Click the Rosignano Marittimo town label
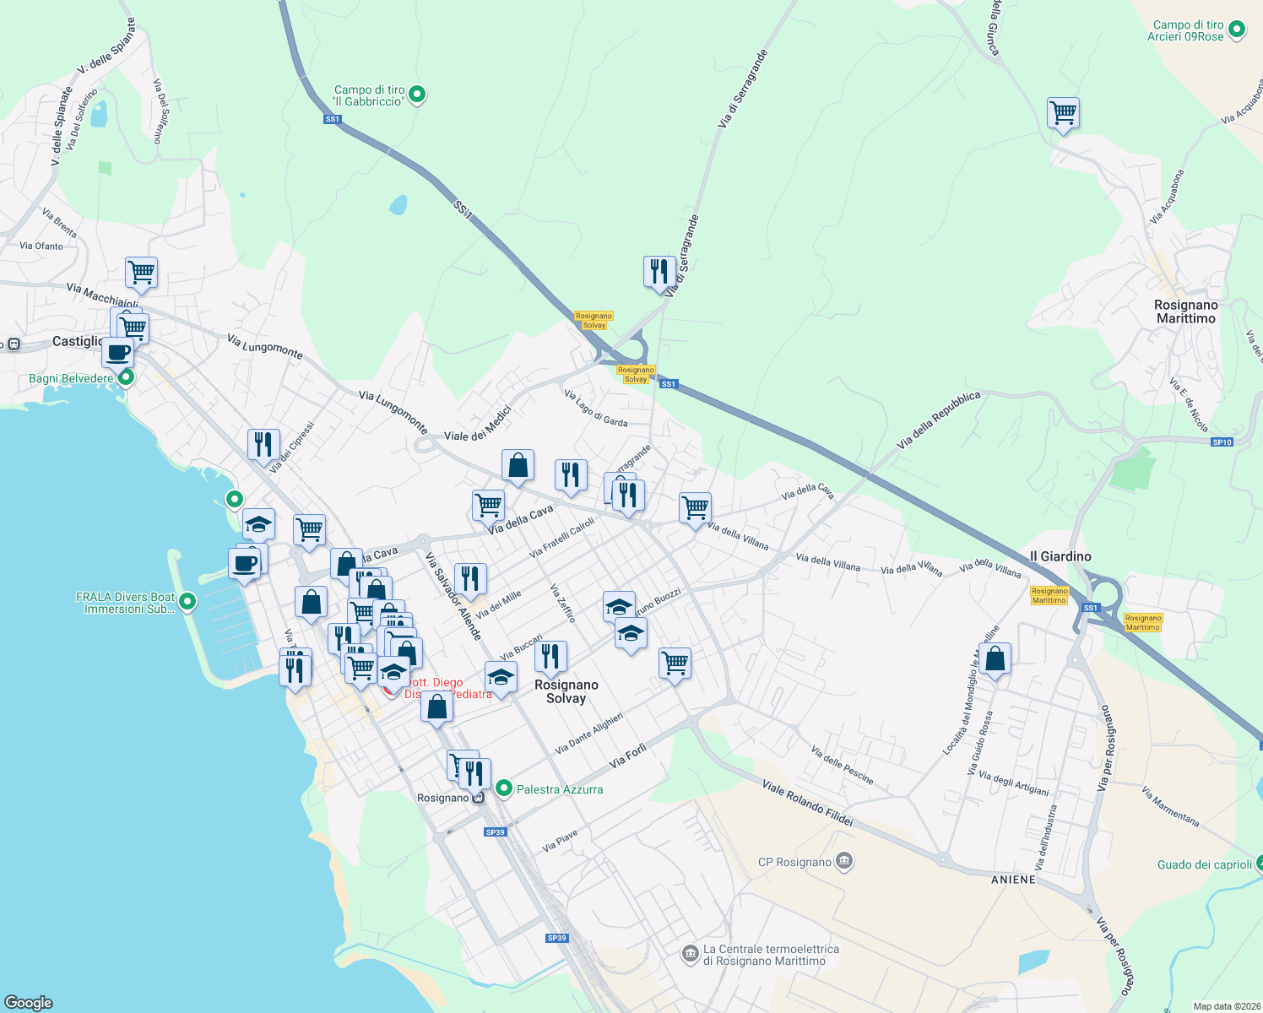pos(1186,311)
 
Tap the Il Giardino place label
pos(1060,556)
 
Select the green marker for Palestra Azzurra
pos(504,788)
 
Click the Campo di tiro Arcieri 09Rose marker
pos(1237,30)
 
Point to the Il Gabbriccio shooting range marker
pos(416,95)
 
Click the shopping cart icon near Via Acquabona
pos(1063,113)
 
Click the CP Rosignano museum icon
pos(844,862)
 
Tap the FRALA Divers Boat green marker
pos(187,602)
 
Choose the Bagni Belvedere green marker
pos(126,377)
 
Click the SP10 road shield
pos(1222,442)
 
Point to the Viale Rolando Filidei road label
pos(807,803)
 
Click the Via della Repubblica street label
pos(938,419)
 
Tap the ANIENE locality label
pos(1013,880)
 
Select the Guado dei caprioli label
pos(1204,864)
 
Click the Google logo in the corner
pos(29,1002)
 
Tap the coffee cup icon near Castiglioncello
pos(118,352)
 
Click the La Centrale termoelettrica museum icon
pos(690,953)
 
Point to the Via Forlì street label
pos(627,755)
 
